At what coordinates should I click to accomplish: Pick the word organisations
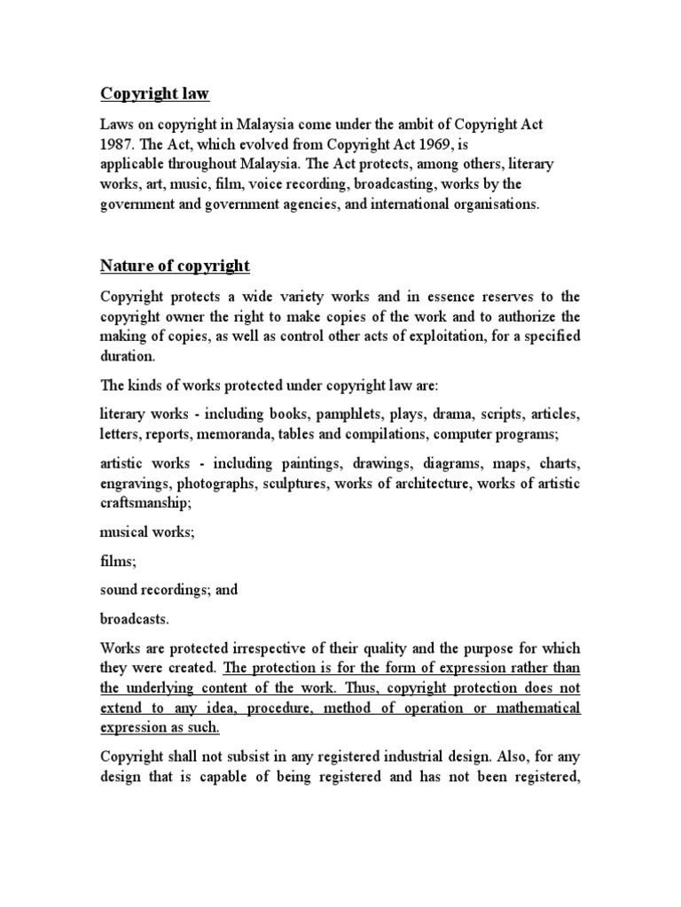(x=495, y=204)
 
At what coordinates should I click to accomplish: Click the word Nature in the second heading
(x=122, y=266)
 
